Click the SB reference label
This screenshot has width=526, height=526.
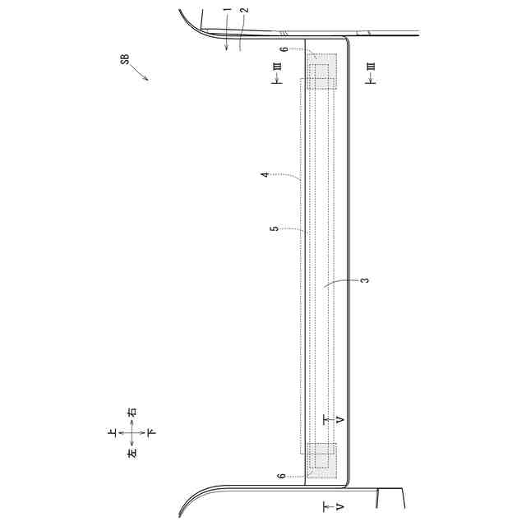coord(125,59)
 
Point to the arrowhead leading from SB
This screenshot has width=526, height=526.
coord(145,79)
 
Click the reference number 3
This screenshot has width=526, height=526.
coord(365,279)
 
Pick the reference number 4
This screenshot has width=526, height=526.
coord(265,174)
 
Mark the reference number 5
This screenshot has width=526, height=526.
coord(275,228)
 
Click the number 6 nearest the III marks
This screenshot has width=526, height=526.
coord(284,49)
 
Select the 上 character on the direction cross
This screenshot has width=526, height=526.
coord(113,433)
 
